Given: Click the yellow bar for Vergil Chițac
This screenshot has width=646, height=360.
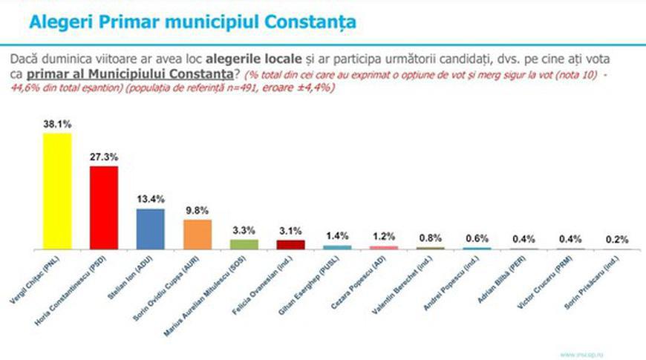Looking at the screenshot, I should coord(57,191).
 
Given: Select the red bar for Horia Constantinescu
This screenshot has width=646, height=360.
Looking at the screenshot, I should coord(104,208).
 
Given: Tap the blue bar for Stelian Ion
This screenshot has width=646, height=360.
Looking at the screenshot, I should coord(151,229).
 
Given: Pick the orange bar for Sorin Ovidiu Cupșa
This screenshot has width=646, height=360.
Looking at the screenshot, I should coord(198,234).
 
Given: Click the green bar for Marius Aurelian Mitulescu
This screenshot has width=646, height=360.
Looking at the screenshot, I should coord(244,243).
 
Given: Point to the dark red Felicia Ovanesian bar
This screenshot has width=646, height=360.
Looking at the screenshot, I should coord(290,244).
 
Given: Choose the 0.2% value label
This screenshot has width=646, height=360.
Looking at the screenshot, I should coord(616,240).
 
